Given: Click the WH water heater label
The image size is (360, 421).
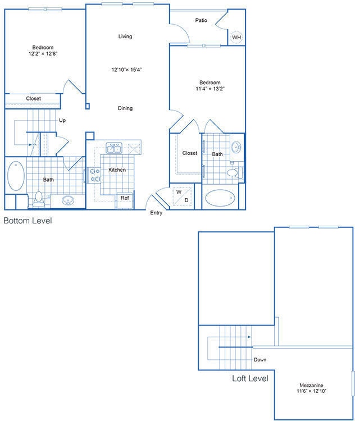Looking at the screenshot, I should click(236, 38).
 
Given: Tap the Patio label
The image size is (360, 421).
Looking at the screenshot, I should click(201, 20).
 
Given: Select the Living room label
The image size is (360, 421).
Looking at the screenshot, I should click(125, 36).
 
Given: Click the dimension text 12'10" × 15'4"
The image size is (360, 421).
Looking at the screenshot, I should click(127, 70).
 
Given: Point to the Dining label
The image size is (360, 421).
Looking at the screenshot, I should click(125, 108).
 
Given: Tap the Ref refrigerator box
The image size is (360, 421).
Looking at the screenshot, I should click(124, 199).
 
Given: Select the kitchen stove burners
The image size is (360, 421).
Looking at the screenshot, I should click(94, 175).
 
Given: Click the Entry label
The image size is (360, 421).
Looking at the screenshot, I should click(156, 213).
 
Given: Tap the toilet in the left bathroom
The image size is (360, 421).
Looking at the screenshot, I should click(39, 198).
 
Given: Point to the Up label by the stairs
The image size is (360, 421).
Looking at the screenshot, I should click(62, 120).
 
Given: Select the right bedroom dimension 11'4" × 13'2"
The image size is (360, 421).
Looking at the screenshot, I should click(208, 89).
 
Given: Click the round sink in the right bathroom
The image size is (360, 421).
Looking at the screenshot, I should click(236, 148).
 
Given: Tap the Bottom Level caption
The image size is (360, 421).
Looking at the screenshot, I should click(28, 221).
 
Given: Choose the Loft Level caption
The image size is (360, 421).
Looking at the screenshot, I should click(250, 379).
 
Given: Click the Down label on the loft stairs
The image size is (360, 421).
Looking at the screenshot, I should click(259, 360).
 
